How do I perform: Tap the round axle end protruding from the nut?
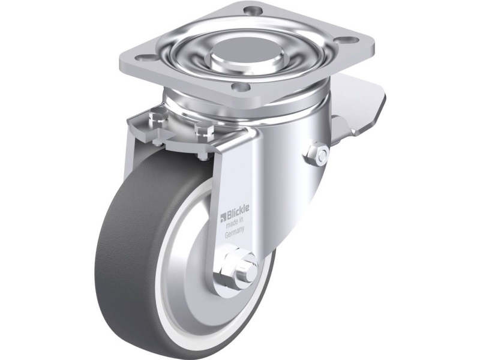point(248,265)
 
